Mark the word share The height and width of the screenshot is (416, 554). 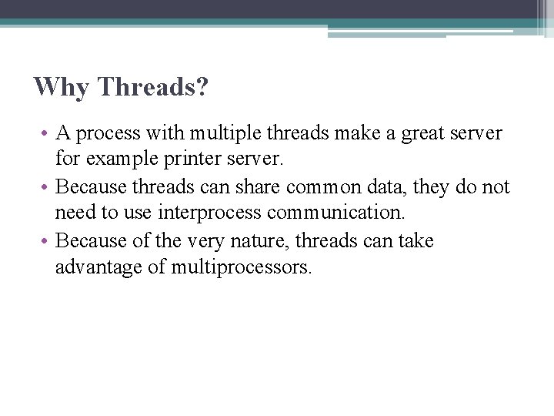point(264,188)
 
